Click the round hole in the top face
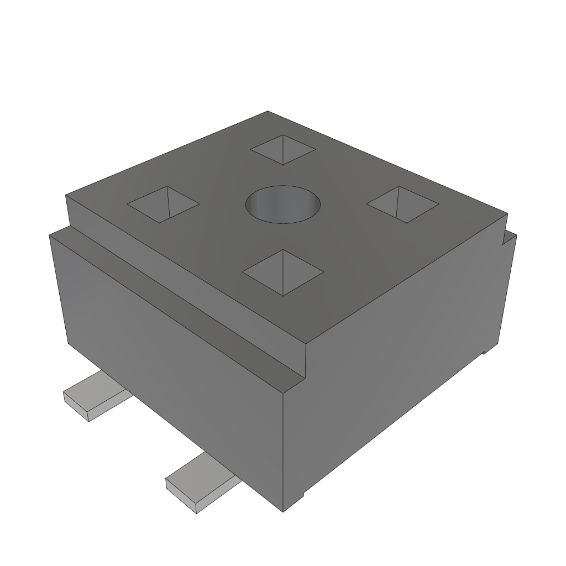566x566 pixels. [283, 205]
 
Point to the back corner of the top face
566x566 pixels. [268, 112]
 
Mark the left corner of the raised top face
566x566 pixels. [66, 196]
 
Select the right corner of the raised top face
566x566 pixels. [507, 213]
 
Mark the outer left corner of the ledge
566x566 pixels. [50, 234]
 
